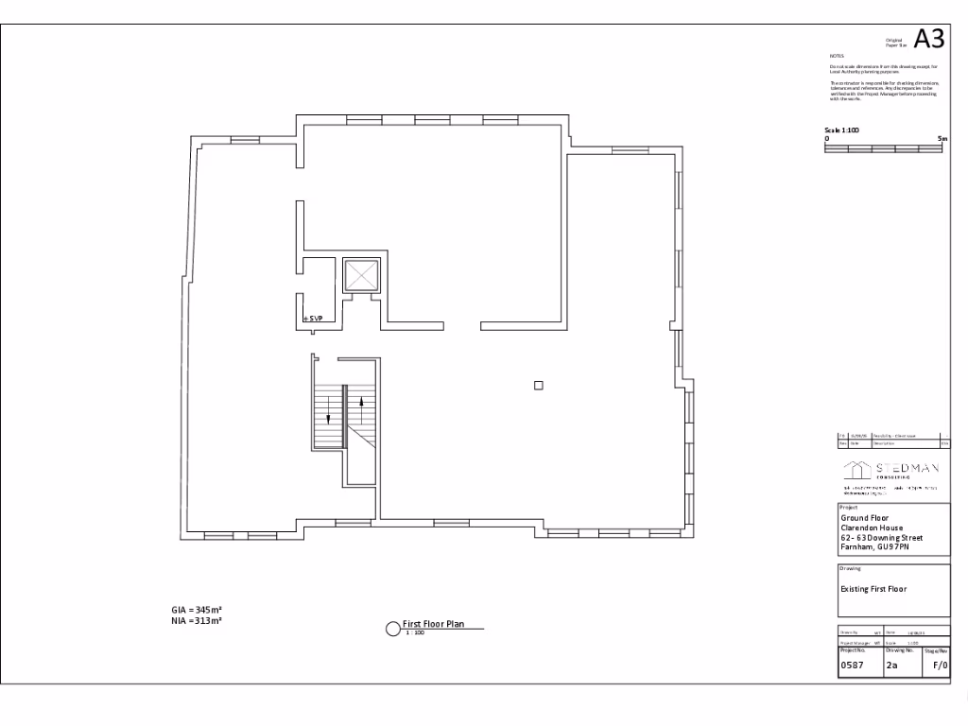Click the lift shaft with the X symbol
pyautogui.click(x=360, y=276)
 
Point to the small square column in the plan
pyautogui.click(x=539, y=385)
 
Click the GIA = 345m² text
pyautogui.click(x=190, y=611)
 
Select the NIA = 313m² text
pyautogui.click(x=190, y=621)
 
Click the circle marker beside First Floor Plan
pyautogui.click(x=392, y=630)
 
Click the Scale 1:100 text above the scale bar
pyautogui.click(x=841, y=130)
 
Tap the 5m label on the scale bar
pyautogui.click(x=941, y=139)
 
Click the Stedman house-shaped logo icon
pyautogui.click(x=856, y=470)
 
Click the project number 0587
pyautogui.click(x=852, y=665)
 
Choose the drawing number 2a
pyautogui.click(x=891, y=665)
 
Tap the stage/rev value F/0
pyautogui.click(x=940, y=665)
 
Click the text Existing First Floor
pyautogui.click(x=873, y=589)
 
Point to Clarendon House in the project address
pyautogui.click(x=872, y=528)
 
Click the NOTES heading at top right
pyautogui.click(x=836, y=57)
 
